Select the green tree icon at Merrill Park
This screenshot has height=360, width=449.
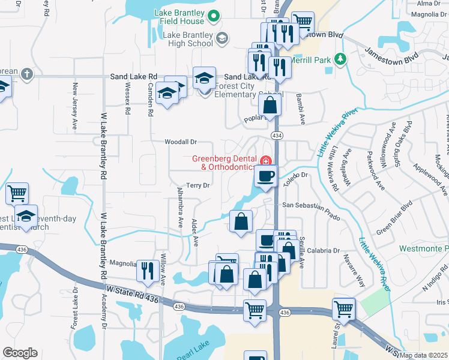click(x=340, y=59)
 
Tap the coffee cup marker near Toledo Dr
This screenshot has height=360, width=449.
click(x=265, y=176)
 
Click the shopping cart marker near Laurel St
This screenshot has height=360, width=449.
click(x=344, y=309)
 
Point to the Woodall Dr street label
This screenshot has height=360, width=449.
click(x=181, y=142)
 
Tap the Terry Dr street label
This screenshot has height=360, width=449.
click(x=197, y=185)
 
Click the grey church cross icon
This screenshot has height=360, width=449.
click(x=26, y=74)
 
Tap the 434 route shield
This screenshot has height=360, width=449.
click(x=276, y=134)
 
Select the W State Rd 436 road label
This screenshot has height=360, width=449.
click(x=133, y=295)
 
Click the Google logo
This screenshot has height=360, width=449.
click(x=20, y=353)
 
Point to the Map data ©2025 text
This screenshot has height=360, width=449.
click(x=423, y=355)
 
